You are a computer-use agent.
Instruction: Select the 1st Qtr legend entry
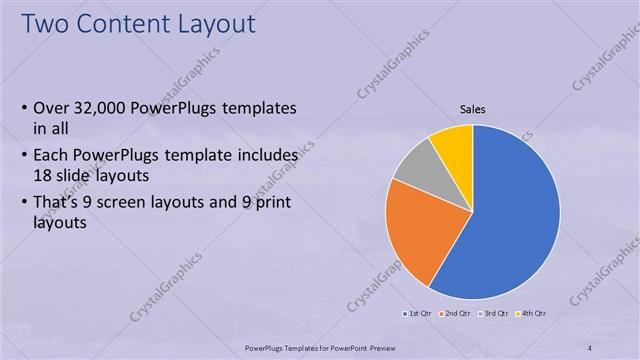(417, 314)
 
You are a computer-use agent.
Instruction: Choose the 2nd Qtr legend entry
(455, 314)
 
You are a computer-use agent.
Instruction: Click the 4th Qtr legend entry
(530, 314)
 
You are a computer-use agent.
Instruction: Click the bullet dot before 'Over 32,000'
(24, 109)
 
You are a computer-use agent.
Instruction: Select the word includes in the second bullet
(264, 156)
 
